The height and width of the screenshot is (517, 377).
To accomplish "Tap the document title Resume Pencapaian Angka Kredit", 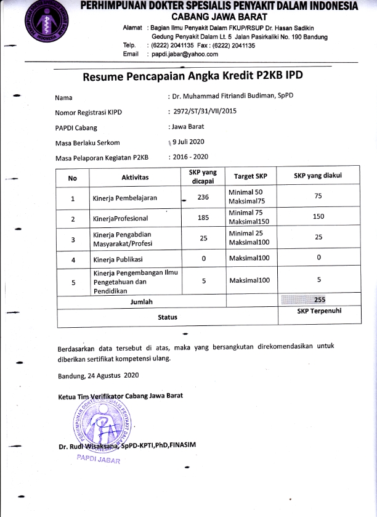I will pos(193,76).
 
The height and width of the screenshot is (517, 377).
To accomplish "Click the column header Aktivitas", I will pos(135,177).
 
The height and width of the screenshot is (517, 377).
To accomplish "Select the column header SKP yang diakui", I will pos(318,176).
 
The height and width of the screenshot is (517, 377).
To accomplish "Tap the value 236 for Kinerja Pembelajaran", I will pos(203,198).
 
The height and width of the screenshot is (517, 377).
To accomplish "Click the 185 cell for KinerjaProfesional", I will pos(203,218).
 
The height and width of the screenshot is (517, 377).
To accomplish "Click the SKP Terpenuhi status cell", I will pos(319,311).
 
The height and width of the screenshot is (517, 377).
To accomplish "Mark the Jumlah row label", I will pos(141,302).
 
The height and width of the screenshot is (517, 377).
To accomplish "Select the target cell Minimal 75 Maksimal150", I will pos(249,218).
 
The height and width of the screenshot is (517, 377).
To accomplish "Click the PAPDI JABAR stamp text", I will pos(99,460).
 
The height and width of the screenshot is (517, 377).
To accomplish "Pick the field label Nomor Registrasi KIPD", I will pos(84,112).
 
